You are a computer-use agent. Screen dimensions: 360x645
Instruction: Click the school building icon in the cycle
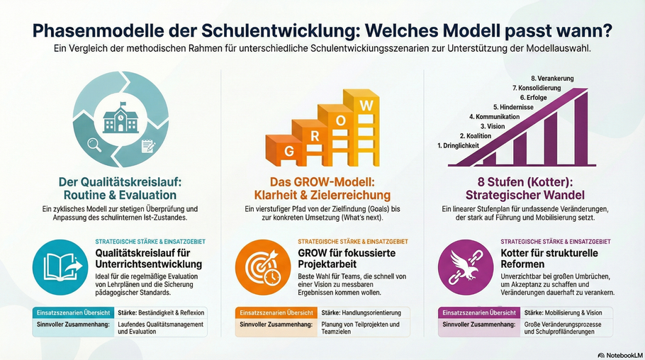(x=120, y=118)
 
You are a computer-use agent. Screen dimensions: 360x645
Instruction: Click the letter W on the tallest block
(x=366, y=105)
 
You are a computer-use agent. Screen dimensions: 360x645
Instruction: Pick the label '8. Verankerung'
(x=552, y=77)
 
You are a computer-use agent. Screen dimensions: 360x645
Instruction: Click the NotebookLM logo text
(x=621, y=354)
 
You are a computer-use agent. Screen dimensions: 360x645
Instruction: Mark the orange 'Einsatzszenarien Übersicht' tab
(x=274, y=313)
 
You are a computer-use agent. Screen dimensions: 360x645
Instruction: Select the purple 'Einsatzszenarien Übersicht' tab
(x=478, y=313)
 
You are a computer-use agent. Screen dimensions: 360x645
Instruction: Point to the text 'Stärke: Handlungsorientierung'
(x=361, y=313)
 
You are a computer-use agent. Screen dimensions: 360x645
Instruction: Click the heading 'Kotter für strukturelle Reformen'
(x=549, y=259)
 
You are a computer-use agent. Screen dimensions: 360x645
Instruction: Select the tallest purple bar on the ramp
(x=580, y=128)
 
